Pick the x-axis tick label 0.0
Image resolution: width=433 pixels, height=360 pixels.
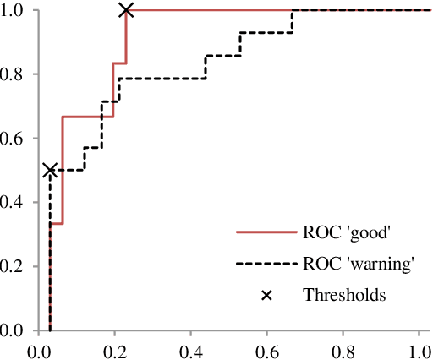click(39, 349)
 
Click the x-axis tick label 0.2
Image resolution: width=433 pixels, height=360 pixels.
click(115, 349)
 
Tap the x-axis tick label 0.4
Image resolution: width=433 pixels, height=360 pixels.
click(191, 349)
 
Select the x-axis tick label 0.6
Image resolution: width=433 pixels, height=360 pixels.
click(267, 349)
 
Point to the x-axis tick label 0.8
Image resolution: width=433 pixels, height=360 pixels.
click(343, 349)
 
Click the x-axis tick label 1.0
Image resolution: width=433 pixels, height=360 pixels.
click(419, 349)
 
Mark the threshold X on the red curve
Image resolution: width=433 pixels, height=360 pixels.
click(126, 10)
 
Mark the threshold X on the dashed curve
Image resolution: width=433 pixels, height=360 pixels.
click(50, 170)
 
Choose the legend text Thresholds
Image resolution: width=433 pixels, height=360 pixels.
click(344, 295)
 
